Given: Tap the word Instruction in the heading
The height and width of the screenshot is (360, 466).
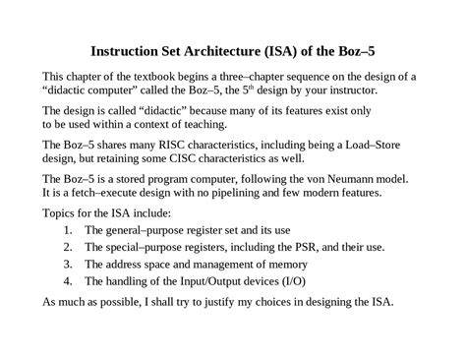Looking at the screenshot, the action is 129,51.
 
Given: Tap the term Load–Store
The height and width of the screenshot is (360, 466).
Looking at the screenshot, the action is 385,145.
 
